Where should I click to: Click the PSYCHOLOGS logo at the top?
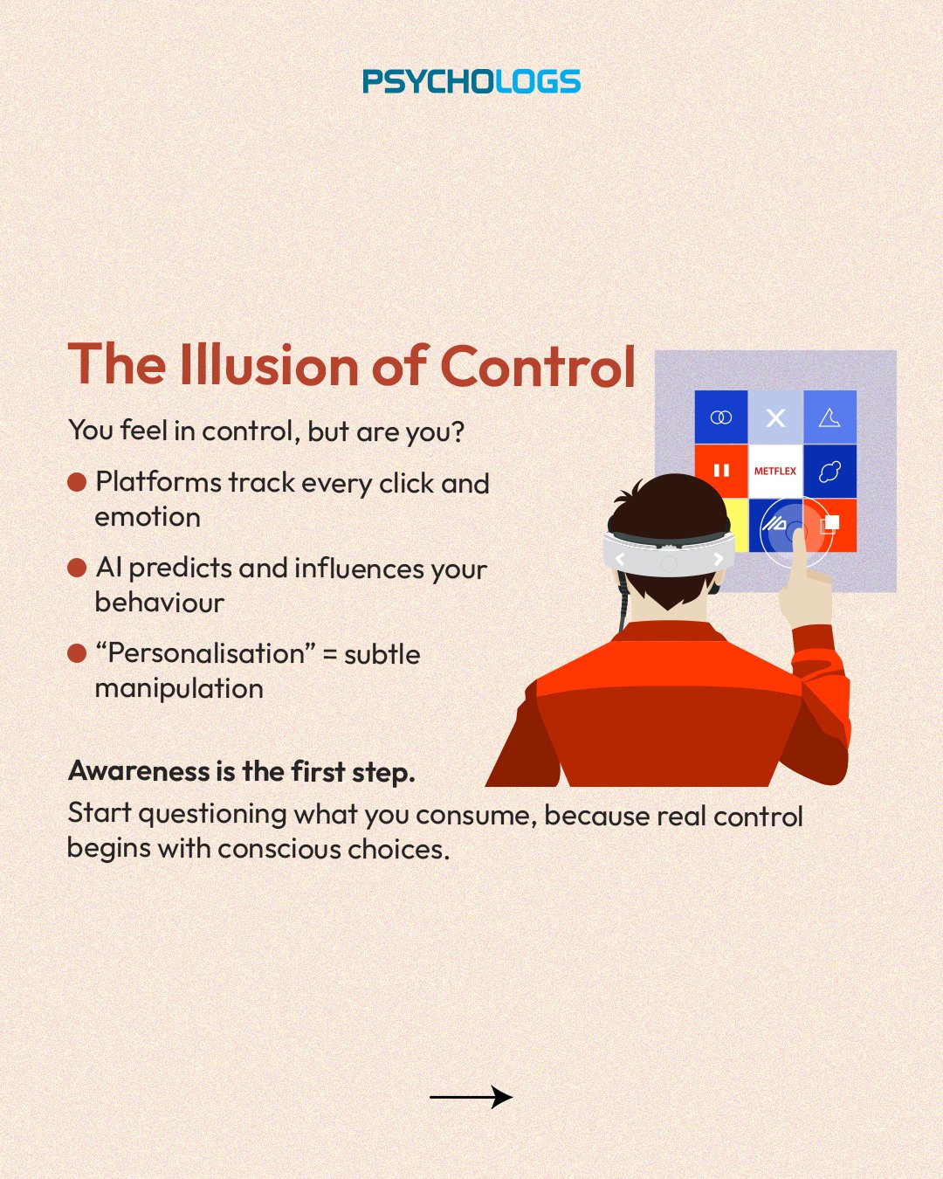coord(471,81)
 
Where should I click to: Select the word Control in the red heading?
coord(538,365)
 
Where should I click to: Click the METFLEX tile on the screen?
coord(775,471)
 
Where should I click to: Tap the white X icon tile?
coord(775,417)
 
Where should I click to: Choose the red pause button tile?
coord(721,470)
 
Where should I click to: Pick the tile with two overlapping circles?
coord(721,417)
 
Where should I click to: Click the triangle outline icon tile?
coord(829,417)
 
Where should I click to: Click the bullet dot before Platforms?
coord(77,482)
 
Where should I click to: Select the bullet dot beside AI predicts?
coord(77,568)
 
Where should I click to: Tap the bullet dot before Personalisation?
coord(77,653)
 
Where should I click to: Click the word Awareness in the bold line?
coord(139,771)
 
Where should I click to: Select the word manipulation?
coord(179,690)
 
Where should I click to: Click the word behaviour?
coord(160,602)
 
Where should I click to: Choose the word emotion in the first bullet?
coord(148,517)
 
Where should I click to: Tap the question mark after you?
coord(458,431)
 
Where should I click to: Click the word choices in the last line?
coord(399,850)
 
